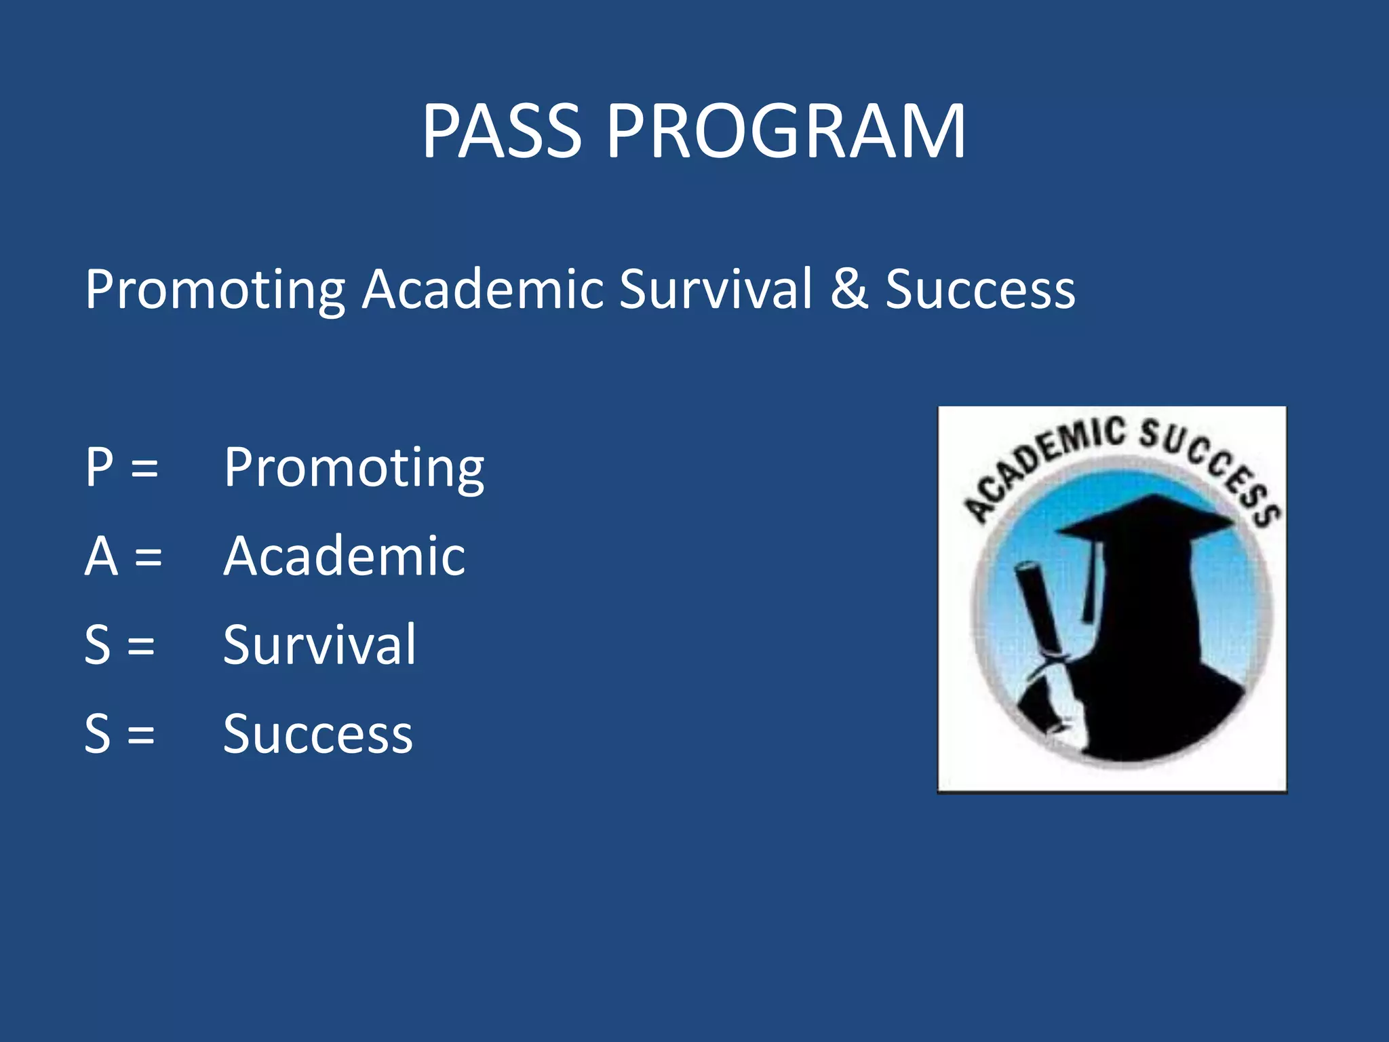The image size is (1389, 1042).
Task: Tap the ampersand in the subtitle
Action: [849, 289]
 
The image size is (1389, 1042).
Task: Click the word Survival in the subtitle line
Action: [716, 289]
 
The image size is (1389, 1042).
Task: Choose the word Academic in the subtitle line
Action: [482, 289]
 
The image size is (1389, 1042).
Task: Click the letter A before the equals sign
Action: [101, 556]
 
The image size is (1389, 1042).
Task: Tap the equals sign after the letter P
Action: [144, 468]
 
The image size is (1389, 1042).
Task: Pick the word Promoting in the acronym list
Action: [354, 468]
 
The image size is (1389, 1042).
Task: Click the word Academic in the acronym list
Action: [345, 556]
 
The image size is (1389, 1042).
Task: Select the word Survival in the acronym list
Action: [319, 644]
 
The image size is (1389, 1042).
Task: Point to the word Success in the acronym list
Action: [317, 734]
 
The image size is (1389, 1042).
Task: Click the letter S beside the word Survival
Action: [98, 644]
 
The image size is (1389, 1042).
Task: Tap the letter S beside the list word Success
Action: [98, 734]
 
